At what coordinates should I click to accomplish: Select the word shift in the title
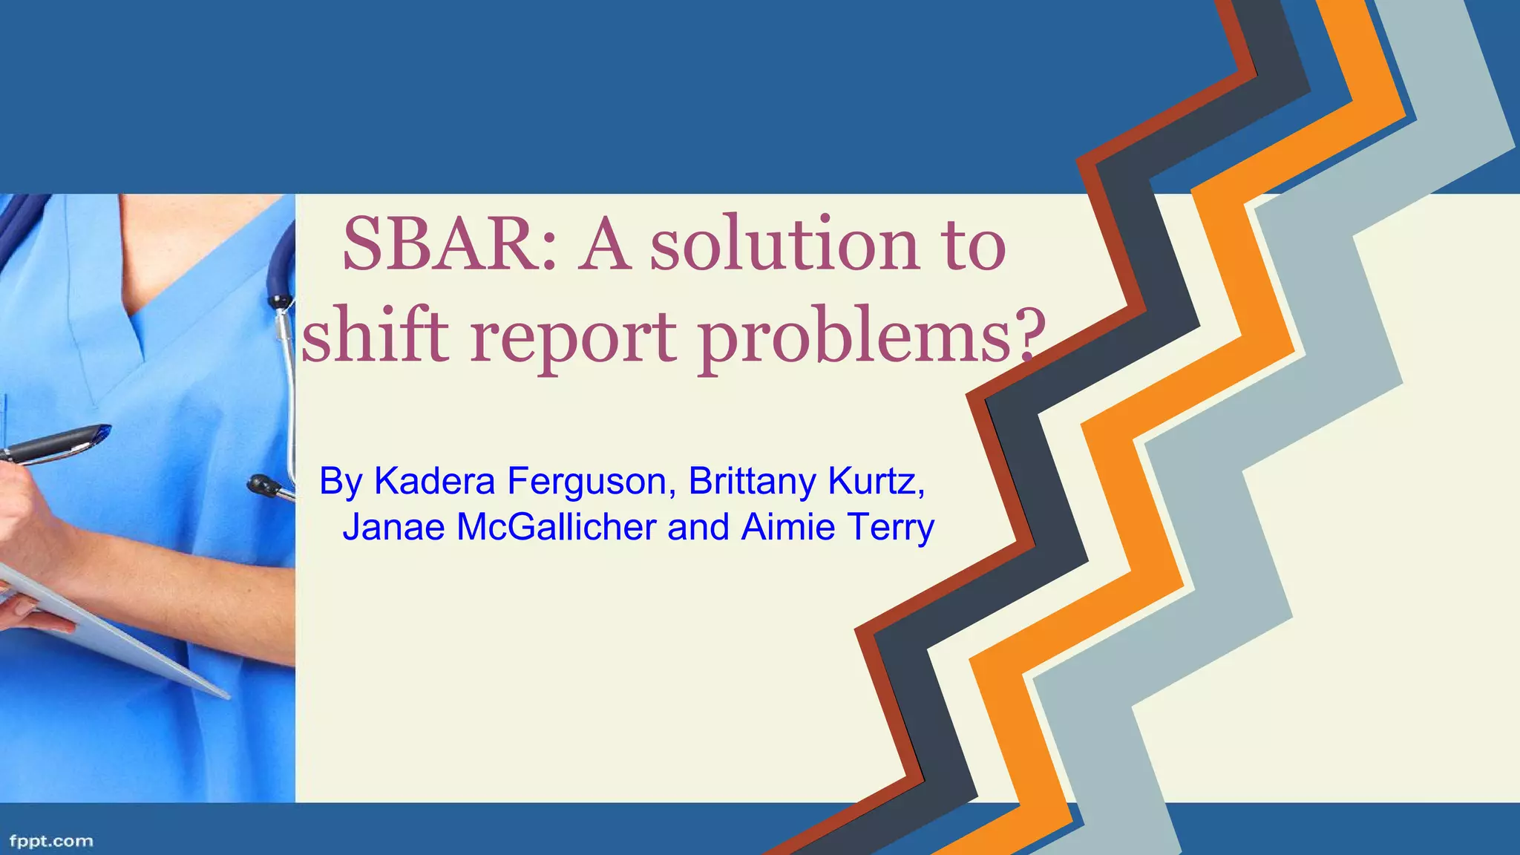click(x=376, y=335)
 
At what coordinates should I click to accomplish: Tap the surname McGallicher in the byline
click(x=557, y=527)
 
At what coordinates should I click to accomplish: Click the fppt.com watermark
click(x=51, y=841)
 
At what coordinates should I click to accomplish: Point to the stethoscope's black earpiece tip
click(x=261, y=485)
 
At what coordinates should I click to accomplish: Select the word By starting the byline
click(x=341, y=482)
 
